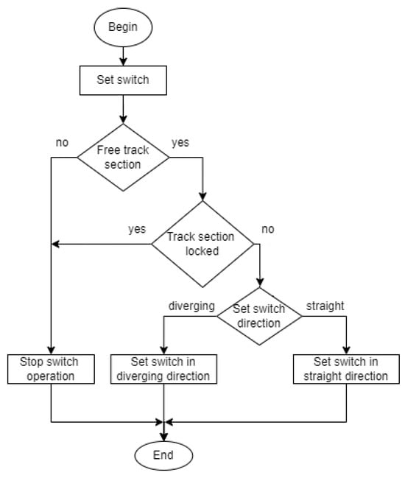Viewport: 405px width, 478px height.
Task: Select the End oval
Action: pos(163,454)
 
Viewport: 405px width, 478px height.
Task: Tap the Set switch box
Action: pos(122,80)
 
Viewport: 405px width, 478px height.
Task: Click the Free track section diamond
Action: pos(122,157)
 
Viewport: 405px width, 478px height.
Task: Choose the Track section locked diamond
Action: pos(200,243)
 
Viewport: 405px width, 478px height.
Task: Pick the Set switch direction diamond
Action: pos(259,317)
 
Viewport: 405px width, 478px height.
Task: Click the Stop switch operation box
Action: pos(51,368)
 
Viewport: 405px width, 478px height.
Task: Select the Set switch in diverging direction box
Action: pos(163,368)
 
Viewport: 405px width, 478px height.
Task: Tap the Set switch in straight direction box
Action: pos(346,368)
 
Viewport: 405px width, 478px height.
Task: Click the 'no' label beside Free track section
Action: pos(63,142)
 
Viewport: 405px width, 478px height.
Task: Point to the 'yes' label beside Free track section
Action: pos(180,142)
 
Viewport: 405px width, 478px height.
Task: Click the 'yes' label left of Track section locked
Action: pos(136,228)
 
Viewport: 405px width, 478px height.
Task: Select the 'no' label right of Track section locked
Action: pos(267,229)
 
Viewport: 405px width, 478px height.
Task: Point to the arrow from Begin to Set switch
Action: pos(122,55)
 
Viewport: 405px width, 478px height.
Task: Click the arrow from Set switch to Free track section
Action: pos(122,108)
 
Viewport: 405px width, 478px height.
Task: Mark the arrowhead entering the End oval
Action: pos(163,435)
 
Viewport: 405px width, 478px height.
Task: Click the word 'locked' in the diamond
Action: pos(200,250)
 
